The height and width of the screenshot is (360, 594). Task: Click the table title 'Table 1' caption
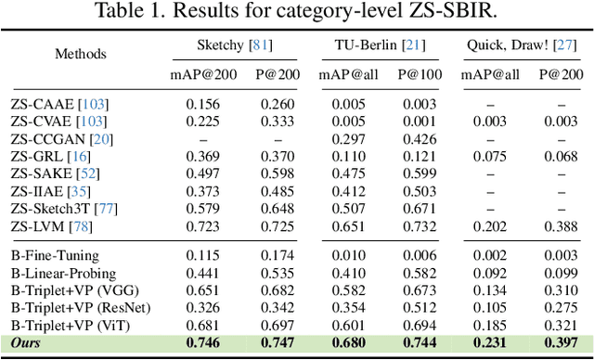[x=296, y=12]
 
